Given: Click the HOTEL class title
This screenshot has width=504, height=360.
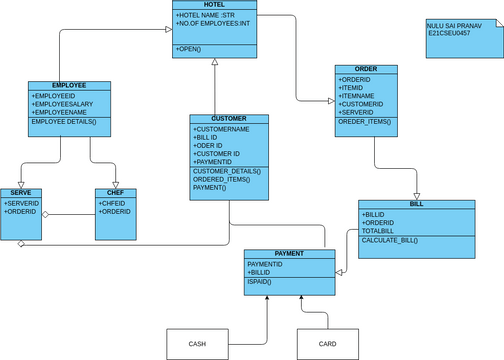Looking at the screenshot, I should pyautogui.click(x=215, y=5).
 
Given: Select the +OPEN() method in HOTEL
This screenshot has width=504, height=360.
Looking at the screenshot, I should pyautogui.click(x=188, y=48).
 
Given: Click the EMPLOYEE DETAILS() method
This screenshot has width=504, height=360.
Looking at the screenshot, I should pyautogui.click(x=64, y=121).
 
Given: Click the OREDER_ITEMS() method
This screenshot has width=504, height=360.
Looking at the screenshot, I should pyautogui.click(x=365, y=122).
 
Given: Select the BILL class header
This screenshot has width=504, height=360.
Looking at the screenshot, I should pyautogui.click(x=416, y=204).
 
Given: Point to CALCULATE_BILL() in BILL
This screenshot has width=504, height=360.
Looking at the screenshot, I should pyautogui.click(x=389, y=240).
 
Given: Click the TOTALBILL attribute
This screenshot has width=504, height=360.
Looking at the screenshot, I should pyautogui.click(x=381, y=231).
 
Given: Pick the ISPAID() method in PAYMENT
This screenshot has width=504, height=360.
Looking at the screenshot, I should pyautogui.click(x=259, y=282).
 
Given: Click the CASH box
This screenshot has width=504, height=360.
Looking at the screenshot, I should pyautogui.click(x=197, y=344).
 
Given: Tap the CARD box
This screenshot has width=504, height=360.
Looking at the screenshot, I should pyautogui.click(x=327, y=344).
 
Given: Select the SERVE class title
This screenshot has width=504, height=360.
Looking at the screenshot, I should pyautogui.click(x=21, y=192).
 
